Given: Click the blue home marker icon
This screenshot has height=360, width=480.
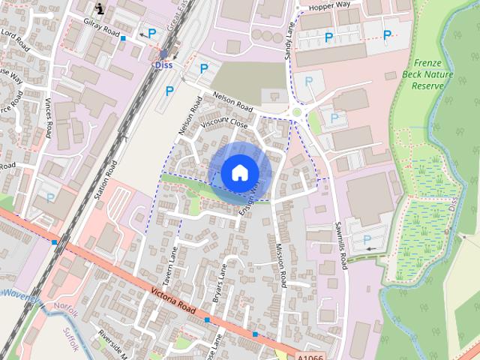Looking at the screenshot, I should (x=239, y=172).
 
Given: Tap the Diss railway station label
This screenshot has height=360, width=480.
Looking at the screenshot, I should (x=163, y=65).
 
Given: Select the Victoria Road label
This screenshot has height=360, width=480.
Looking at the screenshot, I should (x=173, y=301).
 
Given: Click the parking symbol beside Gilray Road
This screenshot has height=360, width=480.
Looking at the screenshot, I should (x=152, y=34).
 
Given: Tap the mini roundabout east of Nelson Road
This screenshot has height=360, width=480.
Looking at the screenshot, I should (x=295, y=113).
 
